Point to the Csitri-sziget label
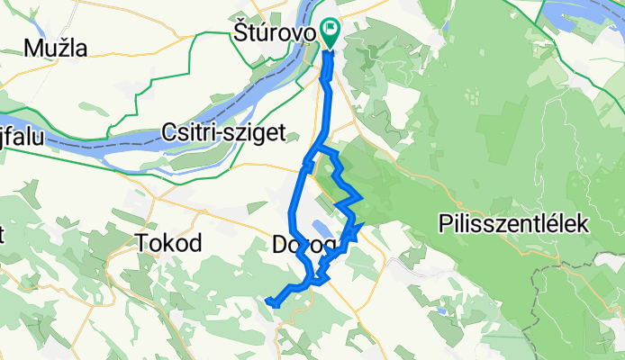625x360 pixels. pyautogui.click(x=223, y=133)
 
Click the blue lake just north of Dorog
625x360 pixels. pyautogui.click(x=320, y=229)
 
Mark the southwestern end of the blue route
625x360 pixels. pyautogui.click(x=269, y=301)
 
